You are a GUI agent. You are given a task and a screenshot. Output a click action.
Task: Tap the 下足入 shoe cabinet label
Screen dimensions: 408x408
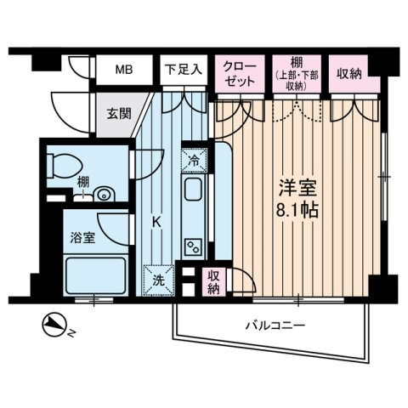[x=183, y=70]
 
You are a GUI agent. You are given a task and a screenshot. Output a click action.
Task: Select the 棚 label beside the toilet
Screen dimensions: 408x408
[x=58, y=181]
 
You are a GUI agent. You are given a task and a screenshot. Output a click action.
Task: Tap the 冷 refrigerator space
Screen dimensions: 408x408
[x=194, y=158]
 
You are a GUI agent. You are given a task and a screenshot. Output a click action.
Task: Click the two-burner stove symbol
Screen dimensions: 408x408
[x=193, y=245]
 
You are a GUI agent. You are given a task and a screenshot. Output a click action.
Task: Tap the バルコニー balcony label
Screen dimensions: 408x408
[x=275, y=326]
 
